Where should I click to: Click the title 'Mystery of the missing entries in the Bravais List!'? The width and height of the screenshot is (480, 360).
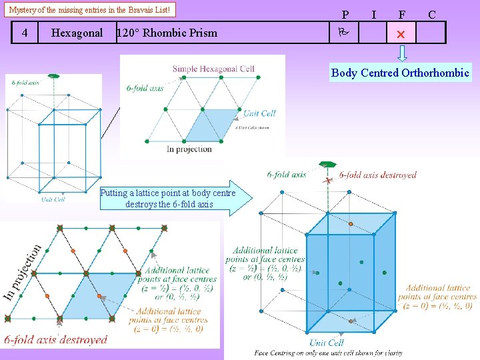pos(91,10)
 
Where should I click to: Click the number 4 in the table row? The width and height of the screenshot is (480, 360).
pos(25,33)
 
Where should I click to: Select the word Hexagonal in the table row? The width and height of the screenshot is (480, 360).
pos(77,33)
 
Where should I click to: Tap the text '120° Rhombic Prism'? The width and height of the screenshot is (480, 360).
pos(167,33)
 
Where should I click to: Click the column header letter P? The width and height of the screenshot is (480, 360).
pos(345,14)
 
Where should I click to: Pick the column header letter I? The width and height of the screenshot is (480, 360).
pos(373,14)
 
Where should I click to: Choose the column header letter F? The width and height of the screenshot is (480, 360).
pos(402,14)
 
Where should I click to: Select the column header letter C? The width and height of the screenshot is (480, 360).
pos(432,14)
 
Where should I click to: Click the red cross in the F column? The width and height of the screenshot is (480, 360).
pos(400,33)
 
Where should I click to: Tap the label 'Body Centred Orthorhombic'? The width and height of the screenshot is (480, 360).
pos(400,73)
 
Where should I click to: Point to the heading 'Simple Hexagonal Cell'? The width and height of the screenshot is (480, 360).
pos(213,69)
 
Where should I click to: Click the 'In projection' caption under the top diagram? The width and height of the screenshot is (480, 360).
pos(189,149)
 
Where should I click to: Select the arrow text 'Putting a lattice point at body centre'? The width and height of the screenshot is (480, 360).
pos(167,193)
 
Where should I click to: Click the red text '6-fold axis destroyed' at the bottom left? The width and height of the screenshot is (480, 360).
pos(56,339)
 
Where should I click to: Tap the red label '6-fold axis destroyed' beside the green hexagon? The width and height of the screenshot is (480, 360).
pos(377,175)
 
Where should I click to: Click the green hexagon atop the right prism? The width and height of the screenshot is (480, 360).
pos(327,164)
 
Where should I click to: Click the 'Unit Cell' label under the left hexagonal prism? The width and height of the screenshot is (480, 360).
pos(53,199)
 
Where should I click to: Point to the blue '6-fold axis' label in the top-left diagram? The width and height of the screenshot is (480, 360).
pos(25,83)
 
